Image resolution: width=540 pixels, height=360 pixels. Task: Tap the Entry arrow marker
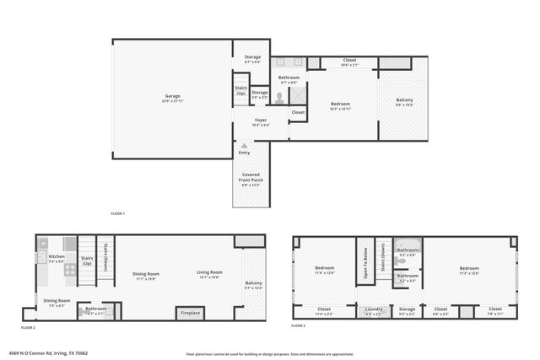(x=245, y=146)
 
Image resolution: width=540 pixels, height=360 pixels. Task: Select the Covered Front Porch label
(x=251, y=179)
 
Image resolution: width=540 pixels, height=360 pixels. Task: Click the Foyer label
(x=262, y=121)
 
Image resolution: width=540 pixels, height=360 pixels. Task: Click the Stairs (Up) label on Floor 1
(x=240, y=89)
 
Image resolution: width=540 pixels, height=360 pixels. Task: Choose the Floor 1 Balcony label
(x=405, y=101)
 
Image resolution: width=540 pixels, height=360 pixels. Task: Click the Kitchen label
(x=57, y=256)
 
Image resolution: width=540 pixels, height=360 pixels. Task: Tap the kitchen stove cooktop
(x=71, y=271)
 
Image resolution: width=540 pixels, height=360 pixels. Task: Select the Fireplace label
(x=191, y=313)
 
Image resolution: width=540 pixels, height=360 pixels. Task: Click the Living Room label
(x=209, y=273)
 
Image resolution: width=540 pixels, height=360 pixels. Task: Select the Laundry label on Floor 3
(x=374, y=310)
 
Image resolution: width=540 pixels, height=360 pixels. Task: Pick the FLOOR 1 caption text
(x=118, y=214)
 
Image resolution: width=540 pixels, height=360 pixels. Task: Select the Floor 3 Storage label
(x=407, y=310)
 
